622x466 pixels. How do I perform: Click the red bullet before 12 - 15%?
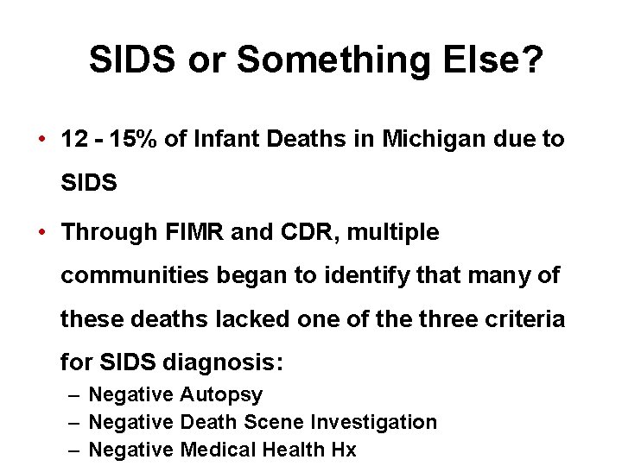point(42,139)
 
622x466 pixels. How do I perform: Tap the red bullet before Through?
point(42,233)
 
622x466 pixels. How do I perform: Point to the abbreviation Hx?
point(343,449)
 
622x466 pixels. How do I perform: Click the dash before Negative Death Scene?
point(74,422)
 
